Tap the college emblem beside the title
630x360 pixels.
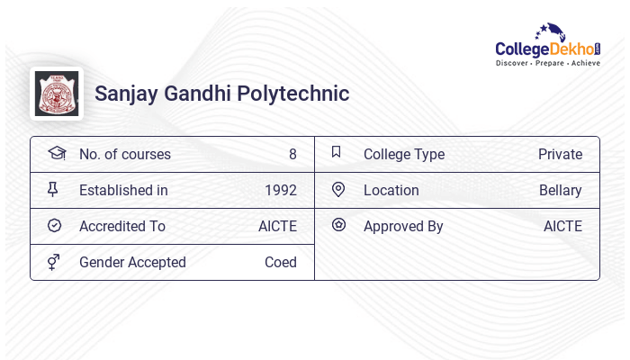tap(56, 94)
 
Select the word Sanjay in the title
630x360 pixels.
tap(125, 94)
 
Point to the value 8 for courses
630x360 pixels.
tap(292, 154)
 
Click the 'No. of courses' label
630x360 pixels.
tap(124, 154)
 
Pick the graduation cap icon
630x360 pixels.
tap(56, 153)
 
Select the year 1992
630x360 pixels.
tap(280, 190)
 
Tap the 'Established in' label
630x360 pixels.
tap(123, 190)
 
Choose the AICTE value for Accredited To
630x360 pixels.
tap(277, 226)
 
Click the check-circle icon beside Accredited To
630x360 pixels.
tap(55, 225)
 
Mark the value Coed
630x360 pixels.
tap(280, 262)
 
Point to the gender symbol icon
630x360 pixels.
tap(55, 262)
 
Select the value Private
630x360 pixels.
tap(560, 154)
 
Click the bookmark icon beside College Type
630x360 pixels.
tap(337, 152)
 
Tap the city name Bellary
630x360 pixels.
tap(560, 190)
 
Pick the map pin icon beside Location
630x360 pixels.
tap(338, 189)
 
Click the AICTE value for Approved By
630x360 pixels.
tap(562, 226)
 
